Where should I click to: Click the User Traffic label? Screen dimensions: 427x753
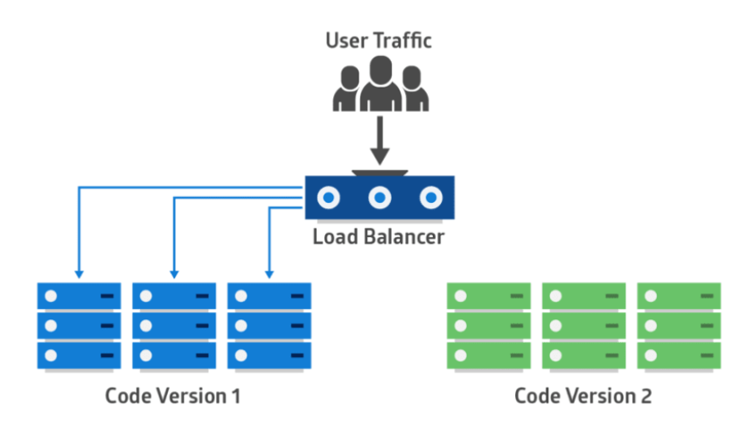pos(379,40)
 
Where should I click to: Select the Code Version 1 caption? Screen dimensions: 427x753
pos(173,395)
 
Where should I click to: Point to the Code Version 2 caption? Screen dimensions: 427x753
pos(582,395)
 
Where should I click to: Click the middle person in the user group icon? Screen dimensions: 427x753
pos(379,84)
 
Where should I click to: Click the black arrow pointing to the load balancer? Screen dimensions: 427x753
pos(379,144)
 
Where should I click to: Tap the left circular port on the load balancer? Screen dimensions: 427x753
pos(328,199)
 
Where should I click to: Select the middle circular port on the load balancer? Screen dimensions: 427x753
pos(379,199)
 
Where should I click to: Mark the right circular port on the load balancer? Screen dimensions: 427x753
pos(429,199)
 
